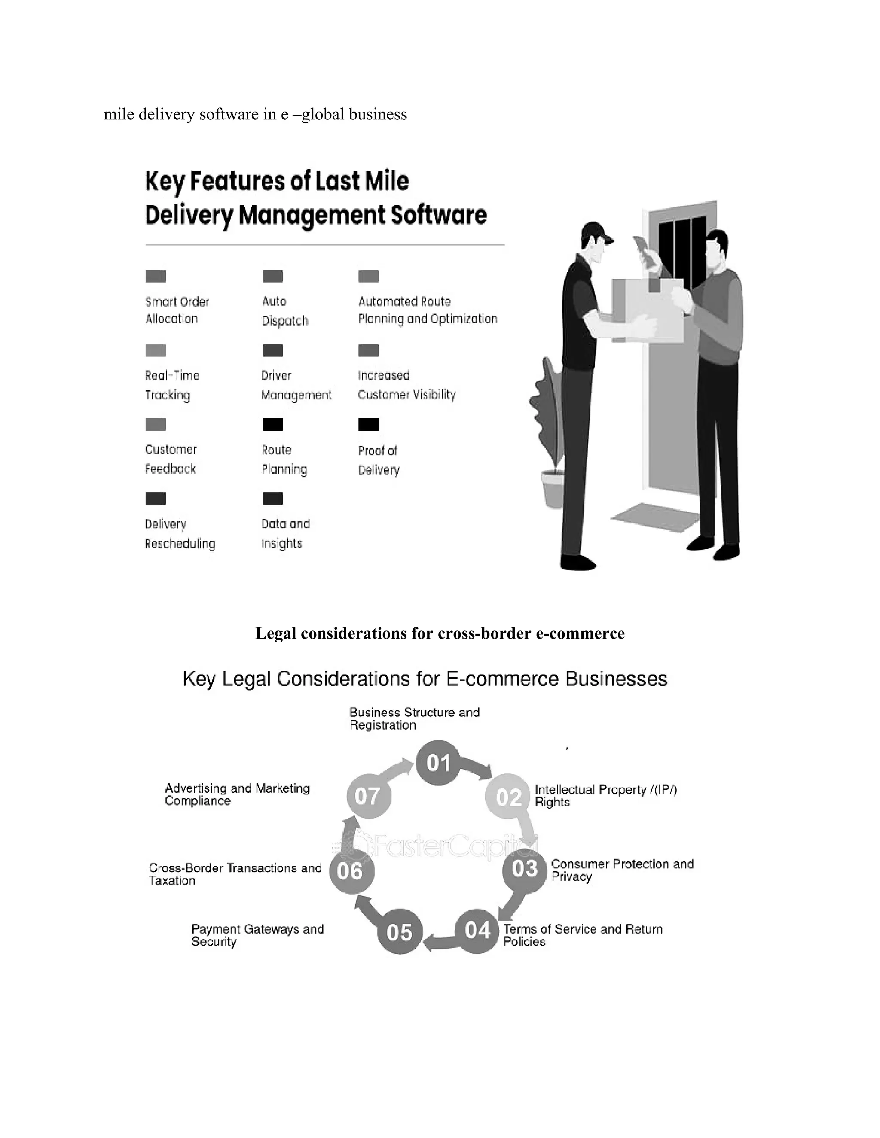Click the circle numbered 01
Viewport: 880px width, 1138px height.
[438, 763]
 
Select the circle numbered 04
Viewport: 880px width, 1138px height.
[477, 931]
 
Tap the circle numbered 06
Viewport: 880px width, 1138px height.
[351, 871]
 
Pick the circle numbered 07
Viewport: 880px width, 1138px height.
[369, 796]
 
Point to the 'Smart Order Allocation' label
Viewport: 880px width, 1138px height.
[177, 310]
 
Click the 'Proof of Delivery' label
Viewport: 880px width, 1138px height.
[379, 460]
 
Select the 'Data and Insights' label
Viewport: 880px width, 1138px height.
[285, 533]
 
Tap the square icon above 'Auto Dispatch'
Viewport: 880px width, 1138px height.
[273, 276]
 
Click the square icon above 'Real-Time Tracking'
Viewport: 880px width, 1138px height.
[156, 350]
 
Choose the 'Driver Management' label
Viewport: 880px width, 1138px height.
[296, 385]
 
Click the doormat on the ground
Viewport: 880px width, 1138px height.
[655, 517]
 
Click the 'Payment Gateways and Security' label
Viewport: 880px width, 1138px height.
[257, 935]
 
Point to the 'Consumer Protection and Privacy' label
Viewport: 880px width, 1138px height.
[623, 870]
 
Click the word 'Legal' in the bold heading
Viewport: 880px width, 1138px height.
[275, 633]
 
